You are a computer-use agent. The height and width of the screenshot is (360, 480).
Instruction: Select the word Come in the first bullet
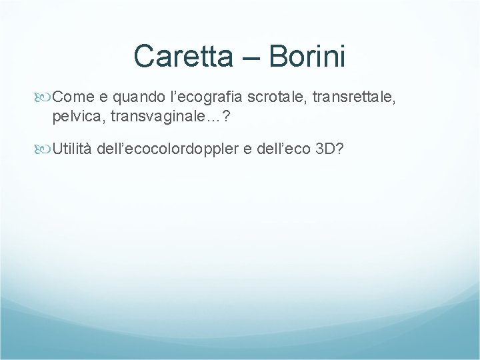click(x=73, y=99)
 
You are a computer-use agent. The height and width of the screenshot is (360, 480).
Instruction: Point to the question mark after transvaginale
click(x=209, y=117)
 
